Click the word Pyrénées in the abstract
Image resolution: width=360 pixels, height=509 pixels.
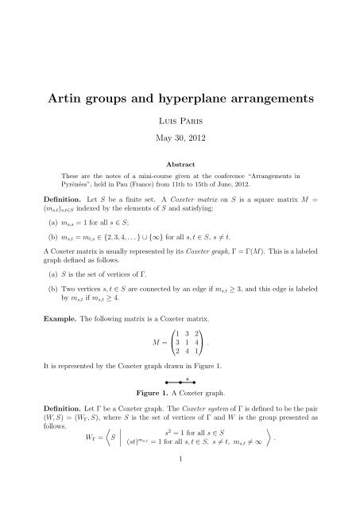[x=78, y=181]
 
